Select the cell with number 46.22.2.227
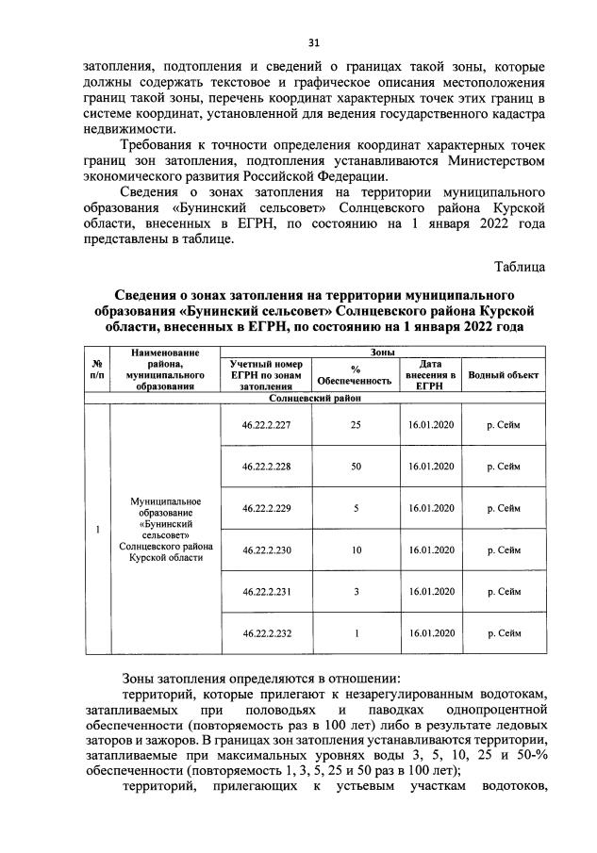point(267,425)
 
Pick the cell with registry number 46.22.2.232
point(267,633)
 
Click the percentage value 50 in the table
point(356,467)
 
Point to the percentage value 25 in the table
point(356,425)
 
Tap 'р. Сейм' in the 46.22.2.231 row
point(503,592)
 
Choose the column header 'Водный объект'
point(503,375)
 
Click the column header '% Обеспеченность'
point(356,375)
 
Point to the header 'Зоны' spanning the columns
point(382,351)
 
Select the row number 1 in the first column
point(97,529)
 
